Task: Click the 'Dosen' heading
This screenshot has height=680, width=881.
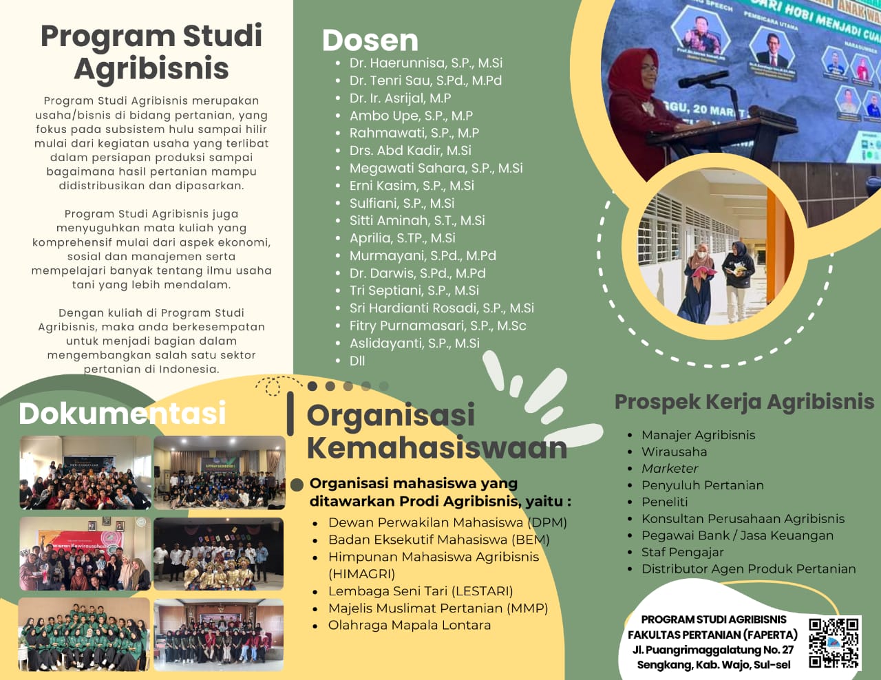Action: click(x=370, y=41)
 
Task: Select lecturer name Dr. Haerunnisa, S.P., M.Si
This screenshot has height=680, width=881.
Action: click(x=425, y=63)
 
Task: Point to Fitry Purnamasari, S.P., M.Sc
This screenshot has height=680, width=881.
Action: click(x=437, y=326)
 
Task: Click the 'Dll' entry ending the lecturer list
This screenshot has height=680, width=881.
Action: click(x=357, y=361)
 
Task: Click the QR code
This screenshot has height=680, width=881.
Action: click(x=834, y=642)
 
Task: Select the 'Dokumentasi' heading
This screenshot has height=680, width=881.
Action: click(x=123, y=414)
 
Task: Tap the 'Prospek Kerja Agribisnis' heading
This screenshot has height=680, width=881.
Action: click(x=744, y=402)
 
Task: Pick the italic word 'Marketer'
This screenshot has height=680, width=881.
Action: click(x=669, y=469)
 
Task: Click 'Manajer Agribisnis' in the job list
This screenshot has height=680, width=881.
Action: click(x=698, y=435)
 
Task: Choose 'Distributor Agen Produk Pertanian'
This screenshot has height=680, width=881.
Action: click(x=748, y=569)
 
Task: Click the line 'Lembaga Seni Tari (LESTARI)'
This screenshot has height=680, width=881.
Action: click(x=420, y=591)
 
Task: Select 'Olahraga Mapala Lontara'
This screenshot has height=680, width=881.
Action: click(x=410, y=626)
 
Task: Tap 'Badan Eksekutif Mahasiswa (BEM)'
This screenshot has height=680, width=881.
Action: click(x=438, y=540)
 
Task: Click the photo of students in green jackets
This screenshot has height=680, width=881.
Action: click(x=83, y=634)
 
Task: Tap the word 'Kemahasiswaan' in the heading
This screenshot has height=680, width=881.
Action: click(x=436, y=448)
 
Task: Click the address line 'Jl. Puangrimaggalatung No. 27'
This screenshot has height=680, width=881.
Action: click(x=712, y=650)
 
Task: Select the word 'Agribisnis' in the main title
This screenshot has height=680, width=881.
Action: click(x=151, y=69)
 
